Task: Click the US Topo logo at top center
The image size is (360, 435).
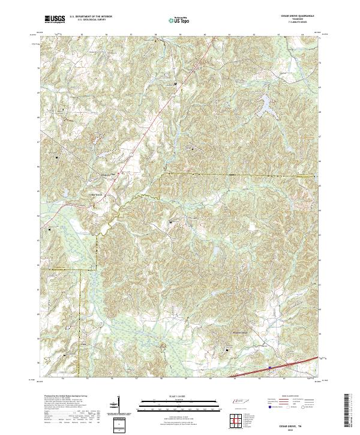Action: [181, 19]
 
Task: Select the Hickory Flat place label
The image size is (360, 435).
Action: [106, 175]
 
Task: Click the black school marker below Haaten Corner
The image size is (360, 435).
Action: [227, 349]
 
